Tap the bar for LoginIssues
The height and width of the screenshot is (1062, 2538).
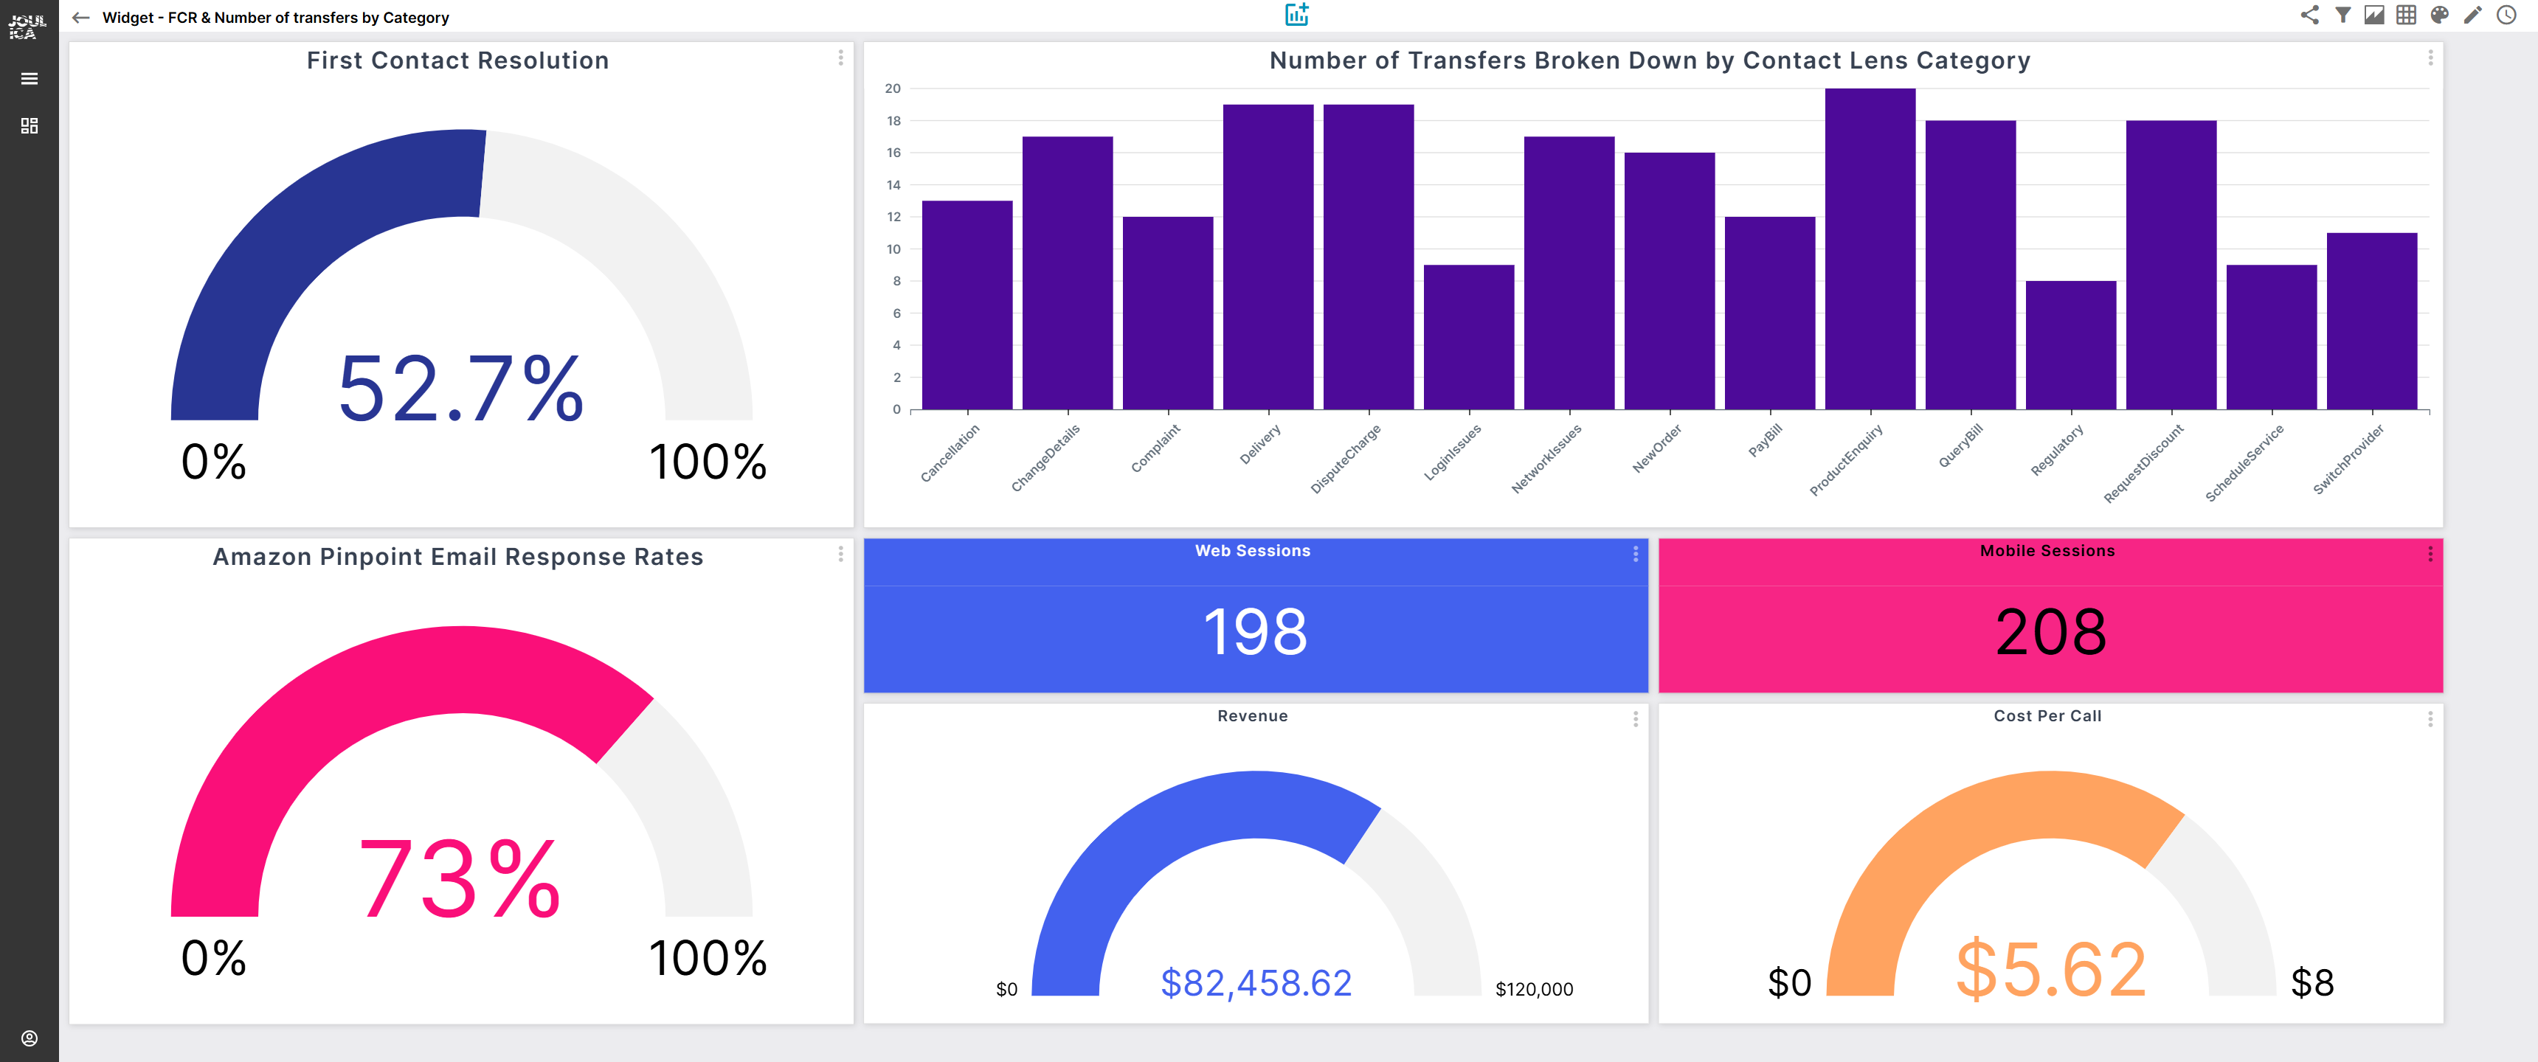coord(1468,337)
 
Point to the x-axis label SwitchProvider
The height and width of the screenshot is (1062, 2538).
coord(2349,458)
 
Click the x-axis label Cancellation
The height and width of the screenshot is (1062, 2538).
coord(950,453)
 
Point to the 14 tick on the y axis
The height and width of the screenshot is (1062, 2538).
coord(893,185)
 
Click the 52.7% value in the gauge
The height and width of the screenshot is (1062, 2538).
coord(460,389)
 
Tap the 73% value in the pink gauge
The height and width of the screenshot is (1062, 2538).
coord(460,879)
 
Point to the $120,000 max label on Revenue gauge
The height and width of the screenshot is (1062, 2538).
coord(1533,989)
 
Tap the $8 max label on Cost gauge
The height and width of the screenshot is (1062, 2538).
coord(2311,982)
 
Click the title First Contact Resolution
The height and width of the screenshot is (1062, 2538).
coord(457,61)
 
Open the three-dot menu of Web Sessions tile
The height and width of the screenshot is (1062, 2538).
coord(1634,555)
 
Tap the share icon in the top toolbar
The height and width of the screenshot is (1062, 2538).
coord(2309,15)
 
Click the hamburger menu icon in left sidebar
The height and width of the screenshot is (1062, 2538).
coord(30,79)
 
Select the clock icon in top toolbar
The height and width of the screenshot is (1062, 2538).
coord(2506,15)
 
